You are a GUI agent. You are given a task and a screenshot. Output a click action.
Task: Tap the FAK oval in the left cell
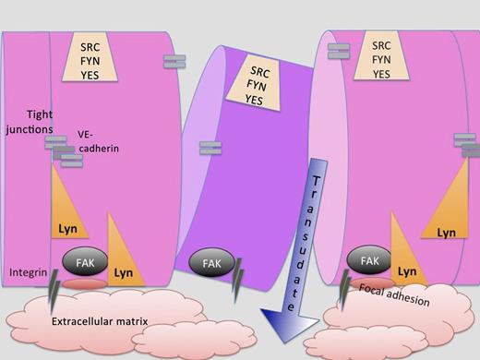pyautogui.click(x=85, y=263)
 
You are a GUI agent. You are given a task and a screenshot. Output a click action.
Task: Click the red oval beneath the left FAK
pyautogui.click(x=84, y=285)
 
